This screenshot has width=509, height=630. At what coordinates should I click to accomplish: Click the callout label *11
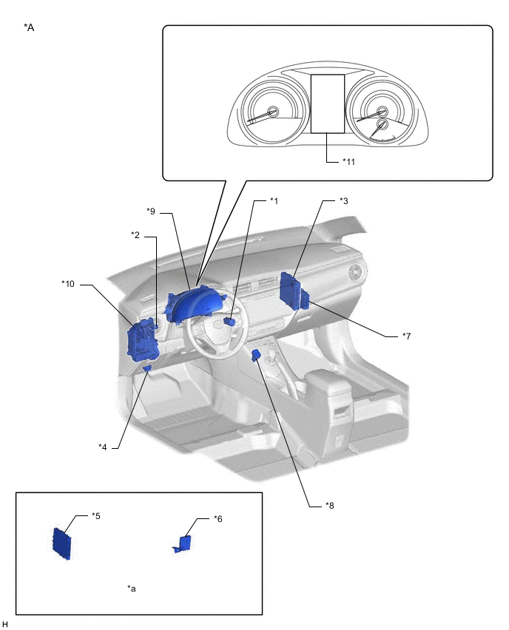click(348, 161)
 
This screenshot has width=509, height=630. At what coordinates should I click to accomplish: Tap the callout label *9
click(151, 211)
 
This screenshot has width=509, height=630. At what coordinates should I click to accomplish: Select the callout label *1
click(274, 200)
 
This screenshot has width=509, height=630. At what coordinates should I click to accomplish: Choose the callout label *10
click(68, 283)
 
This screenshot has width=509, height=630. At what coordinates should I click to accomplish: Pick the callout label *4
click(103, 446)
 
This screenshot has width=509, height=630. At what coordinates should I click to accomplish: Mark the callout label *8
click(330, 506)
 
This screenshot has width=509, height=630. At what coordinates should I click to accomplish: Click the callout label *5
click(96, 515)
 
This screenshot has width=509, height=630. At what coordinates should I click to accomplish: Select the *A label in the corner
click(29, 27)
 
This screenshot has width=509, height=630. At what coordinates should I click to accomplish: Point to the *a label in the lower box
click(132, 589)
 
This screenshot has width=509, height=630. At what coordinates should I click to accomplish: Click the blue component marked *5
click(63, 543)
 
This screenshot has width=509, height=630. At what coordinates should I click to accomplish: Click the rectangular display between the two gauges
click(326, 103)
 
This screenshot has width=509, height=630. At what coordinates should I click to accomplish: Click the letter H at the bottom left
click(5, 625)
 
